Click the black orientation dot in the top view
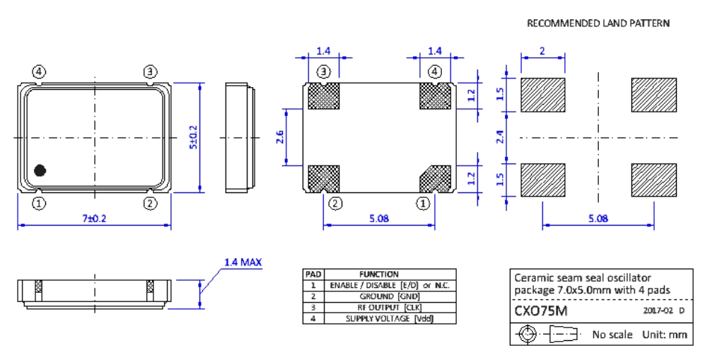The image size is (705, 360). (x=40, y=170)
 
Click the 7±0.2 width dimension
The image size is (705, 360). (x=94, y=219)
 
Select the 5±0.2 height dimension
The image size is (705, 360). (x=192, y=137)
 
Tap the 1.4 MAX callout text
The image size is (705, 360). (x=243, y=262)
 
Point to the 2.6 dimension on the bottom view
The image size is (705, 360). (x=279, y=137)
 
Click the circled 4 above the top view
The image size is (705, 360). (x=39, y=71)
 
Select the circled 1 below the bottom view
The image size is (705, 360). (x=422, y=204)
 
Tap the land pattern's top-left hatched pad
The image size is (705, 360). (x=543, y=95)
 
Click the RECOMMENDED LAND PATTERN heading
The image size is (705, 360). (x=598, y=23)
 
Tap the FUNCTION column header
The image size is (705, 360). (x=379, y=274)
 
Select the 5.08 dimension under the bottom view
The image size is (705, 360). (x=378, y=219)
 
